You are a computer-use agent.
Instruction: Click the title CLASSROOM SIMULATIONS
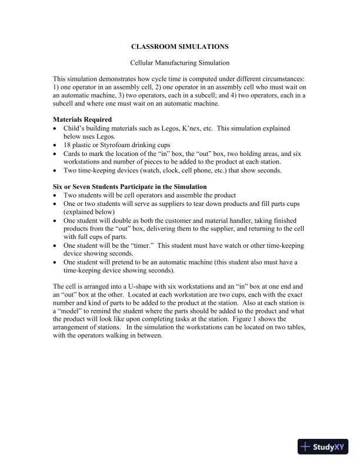tap(179, 45)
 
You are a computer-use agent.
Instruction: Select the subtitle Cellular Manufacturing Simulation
tap(179, 62)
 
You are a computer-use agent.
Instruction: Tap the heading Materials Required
tap(82, 119)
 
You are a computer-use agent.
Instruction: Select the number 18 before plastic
tap(67, 145)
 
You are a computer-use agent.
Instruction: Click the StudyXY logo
tap(324, 447)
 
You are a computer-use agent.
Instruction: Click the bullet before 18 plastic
tap(56, 145)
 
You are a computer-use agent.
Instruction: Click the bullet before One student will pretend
tap(56, 262)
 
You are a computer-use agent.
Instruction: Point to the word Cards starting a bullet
tap(74, 153)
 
